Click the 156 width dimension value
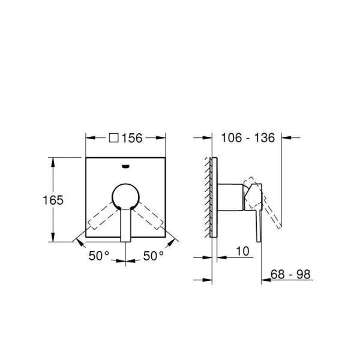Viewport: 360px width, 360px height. pos(131,138)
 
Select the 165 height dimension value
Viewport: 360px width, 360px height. pos(52,200)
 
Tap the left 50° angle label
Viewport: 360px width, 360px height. pos(100,256)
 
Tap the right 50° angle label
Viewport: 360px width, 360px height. pos(153,256)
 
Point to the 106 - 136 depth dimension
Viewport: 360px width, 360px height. pos(248,138)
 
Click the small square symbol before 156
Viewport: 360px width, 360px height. pos(114,138)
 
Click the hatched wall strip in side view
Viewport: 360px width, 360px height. pos(208,198)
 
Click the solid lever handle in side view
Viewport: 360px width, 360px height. pos(257,222)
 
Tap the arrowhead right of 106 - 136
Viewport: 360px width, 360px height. pos(286,138)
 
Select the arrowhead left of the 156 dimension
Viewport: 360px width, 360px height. pos(90,138)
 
